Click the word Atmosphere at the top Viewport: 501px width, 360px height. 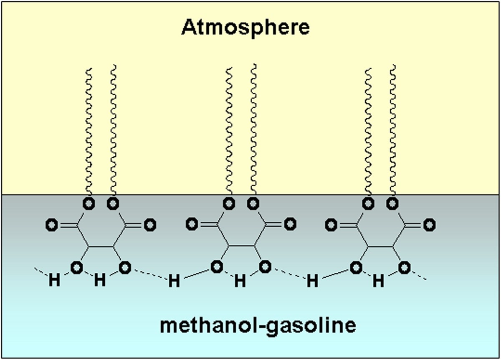[x=245, y=28]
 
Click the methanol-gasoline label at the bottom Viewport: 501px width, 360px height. [x=258, y=325]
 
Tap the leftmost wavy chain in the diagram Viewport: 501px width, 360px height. [x=89, y=129]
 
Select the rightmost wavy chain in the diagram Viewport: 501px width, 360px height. [x=392, y=129]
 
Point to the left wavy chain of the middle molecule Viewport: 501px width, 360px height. [x=228, y=129]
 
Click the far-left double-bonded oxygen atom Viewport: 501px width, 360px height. [x=51, y=225]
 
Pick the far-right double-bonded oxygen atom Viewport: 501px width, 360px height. [x=429, y=225]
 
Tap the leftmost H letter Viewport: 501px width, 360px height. [x=54, y=281]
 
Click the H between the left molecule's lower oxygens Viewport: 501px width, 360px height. [x=99, y=281]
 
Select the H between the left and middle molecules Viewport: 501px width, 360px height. [x=174, y=281]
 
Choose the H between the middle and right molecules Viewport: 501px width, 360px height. [x=312, y=281]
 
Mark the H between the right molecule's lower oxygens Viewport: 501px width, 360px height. [x=378, y=281]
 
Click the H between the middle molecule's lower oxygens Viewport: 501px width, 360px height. [x=240, y=281]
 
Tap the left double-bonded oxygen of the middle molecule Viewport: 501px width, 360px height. [x=192, y=224]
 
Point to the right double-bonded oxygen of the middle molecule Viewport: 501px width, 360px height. [x=290, y=224]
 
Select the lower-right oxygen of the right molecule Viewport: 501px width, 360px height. [x=404, y=268]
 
